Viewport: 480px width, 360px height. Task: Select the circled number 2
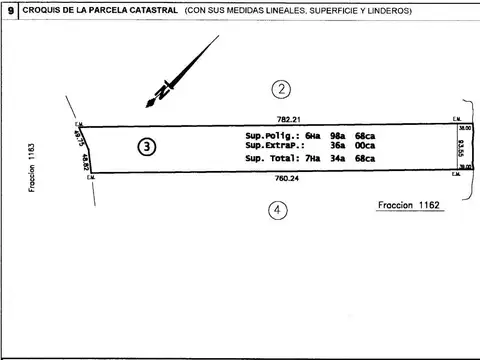(x=283, y=89)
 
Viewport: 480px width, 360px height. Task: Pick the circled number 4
(x=276, y=209)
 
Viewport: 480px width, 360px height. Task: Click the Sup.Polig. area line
(x=310, y=135)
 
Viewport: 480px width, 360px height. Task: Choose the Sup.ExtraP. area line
(x=310, y=147)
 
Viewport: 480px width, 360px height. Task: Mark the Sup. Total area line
(x=310, y=159)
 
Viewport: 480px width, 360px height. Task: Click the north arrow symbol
(x=180, y=72)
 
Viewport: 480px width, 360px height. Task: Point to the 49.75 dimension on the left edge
(x=78, y=135)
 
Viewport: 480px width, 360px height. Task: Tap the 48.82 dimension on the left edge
(x=88, y=162)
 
